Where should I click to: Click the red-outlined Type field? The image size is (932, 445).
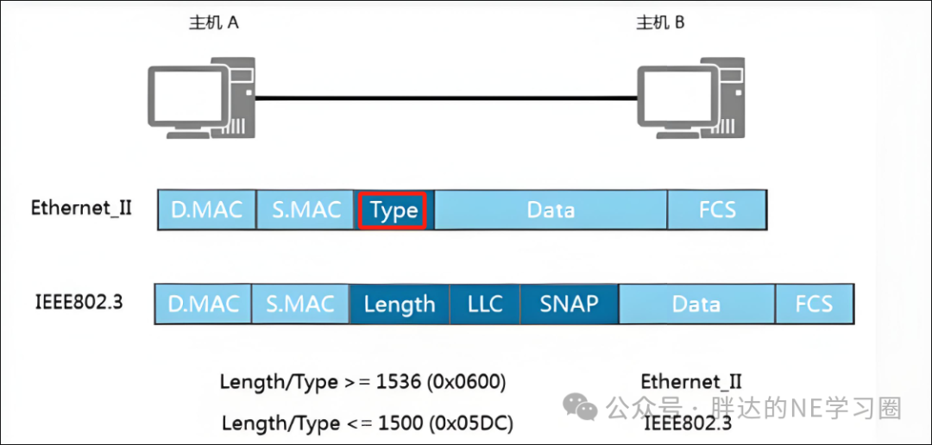tap(393, 210)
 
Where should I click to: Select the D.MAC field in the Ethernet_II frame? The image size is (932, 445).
tap(207, 210)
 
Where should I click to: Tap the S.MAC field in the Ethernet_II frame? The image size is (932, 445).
tap(305, 210)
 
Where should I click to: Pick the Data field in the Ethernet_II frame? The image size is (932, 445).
tap(551, 210)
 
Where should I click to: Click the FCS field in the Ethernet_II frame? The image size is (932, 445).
tap(717, 210)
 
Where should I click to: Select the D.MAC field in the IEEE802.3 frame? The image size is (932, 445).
tap(204, 304)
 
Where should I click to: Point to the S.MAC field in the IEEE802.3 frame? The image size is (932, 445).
tap(301, 304)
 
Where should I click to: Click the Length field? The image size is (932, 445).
tap(400, 304)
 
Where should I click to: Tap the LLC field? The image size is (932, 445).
tap(485, 304)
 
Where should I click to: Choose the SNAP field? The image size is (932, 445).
tap(570, 304)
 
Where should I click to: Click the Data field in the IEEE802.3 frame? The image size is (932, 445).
tap(696, 304)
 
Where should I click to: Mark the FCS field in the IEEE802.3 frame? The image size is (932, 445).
tap(815, 304)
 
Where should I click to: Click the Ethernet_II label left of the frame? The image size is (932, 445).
tap(82, 210)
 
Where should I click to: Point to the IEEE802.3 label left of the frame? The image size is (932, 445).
tap(79, 301)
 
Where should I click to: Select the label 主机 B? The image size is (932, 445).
tap(660, 24)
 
